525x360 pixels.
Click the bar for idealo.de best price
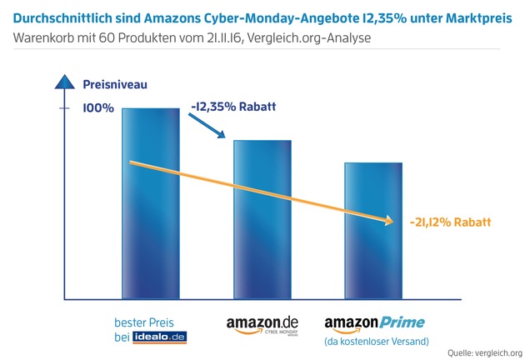coord(150,204)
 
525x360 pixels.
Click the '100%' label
coord(98,109)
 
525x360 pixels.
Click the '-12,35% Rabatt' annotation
coord(232,107)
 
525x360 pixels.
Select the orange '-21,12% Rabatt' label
coord(450,222)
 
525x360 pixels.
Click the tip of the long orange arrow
coord(391,221)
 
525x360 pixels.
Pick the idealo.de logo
coord(162,337)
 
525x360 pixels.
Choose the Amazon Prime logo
coord(374,323)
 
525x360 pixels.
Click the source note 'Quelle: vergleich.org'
coord(485,352)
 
